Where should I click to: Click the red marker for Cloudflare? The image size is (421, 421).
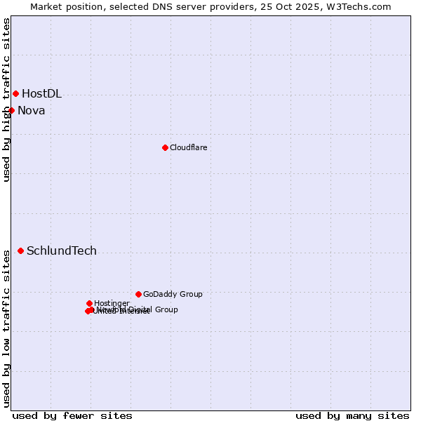(165, 147)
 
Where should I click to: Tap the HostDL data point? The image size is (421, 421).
(15, 93)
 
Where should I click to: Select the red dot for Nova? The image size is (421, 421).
(11, 110)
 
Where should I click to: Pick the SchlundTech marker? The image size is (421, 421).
(20, 250)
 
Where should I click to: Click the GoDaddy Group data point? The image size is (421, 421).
(138, 294)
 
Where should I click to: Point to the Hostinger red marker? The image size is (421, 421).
(89, 303)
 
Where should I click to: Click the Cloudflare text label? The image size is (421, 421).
(188, 147)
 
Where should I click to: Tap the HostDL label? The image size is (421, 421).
(41, 93)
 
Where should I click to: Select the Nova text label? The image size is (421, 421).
(31, 110)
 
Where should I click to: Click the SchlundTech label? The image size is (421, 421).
(62, 250)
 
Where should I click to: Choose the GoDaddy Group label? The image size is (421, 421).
(173, 294)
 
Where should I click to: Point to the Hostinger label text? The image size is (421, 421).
(112, 303)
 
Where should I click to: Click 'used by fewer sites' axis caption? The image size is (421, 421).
(72, 415)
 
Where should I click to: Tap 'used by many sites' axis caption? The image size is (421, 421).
(352, 415)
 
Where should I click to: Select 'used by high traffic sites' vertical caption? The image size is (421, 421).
(6, 100)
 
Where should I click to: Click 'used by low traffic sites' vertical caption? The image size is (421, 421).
(6, 328)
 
